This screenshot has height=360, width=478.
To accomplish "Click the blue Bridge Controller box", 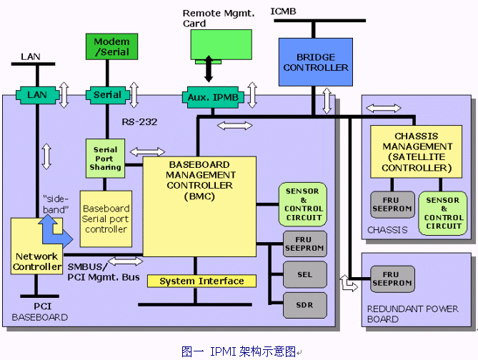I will tap(316, 62).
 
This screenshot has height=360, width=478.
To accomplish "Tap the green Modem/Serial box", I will tap(111, 47).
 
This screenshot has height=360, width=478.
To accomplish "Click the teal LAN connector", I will tap(36, 94).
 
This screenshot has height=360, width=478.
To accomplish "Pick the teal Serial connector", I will tap(108, 94).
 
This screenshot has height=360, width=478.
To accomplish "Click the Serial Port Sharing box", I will tap(106, 158).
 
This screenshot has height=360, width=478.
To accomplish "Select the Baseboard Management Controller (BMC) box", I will tap(200, 206).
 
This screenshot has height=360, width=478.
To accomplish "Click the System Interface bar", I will tap(201, 281).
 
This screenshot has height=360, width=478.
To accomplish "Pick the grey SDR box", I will tap(305, 305).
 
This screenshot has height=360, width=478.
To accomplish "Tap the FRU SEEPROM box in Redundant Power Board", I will tap(391, 279).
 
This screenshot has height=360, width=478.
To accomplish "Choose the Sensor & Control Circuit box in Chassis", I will tap(442, 213).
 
